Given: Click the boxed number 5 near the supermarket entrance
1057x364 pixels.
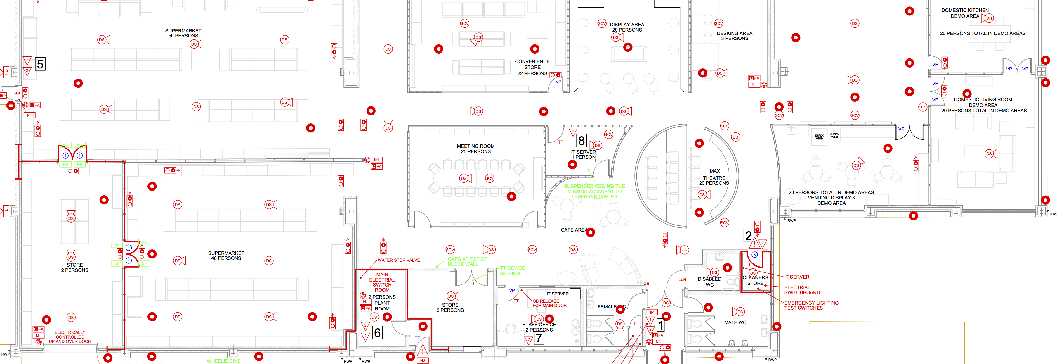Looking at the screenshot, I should coord(40,64).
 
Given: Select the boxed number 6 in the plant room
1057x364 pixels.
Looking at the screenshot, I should coord(377,332).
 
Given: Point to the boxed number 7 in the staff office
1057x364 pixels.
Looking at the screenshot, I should coord(539,338).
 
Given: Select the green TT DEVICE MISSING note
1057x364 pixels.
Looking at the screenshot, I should coord(512,271).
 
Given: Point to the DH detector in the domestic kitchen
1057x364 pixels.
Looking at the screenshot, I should coord(989,18).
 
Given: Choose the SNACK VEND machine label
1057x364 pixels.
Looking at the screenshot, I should coord(819,137).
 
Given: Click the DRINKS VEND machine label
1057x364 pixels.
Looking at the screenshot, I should coord(834,135).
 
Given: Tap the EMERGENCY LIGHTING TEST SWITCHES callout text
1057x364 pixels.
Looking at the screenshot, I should coord(811,305).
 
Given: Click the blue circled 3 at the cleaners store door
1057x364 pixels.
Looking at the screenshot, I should coord(754,255).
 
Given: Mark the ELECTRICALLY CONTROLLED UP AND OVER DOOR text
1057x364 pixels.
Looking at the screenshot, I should coord(70,337).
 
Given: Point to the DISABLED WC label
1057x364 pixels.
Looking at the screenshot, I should coord(709,282).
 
